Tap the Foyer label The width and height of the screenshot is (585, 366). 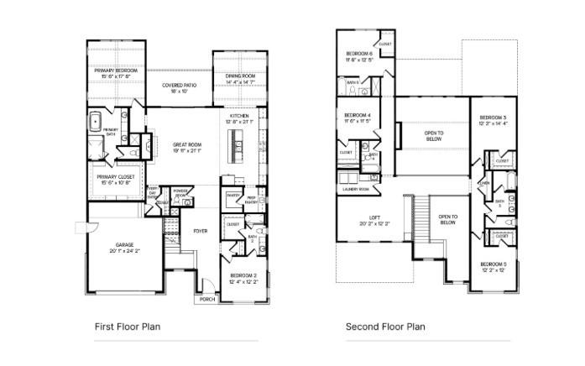[x=201, y=231]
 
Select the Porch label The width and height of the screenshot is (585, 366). [x=206, y=299]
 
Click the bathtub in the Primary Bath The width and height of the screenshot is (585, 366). [x=96, y=120]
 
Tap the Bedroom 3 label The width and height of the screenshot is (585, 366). [x=493, y=120]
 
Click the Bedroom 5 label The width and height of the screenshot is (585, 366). [x=493, y=266]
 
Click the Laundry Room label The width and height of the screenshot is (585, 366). [x=356, y=189]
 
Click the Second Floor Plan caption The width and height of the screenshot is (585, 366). [x=385, y=327]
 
